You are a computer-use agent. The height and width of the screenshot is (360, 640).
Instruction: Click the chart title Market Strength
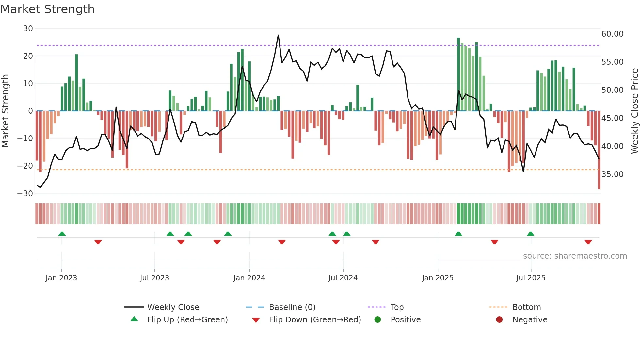point(47,9)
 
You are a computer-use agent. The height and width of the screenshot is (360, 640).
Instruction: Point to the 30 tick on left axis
point(28,29)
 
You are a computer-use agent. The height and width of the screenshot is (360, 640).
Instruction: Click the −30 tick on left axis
point(25,194)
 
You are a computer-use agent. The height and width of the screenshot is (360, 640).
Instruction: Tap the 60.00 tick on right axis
point(612,34)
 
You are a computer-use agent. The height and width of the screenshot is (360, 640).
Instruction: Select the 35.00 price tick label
point(612,174)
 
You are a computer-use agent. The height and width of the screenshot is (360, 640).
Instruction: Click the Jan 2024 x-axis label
point(249,278)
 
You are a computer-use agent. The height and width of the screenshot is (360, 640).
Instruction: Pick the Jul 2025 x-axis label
point(531,278)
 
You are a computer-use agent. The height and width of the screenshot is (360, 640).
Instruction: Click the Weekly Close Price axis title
point(634,111)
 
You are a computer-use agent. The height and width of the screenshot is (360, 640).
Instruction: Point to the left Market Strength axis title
point(5,111)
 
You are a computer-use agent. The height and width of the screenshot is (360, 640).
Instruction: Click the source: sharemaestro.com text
point(575,256)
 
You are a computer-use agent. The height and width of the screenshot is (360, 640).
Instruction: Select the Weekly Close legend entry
point(173,307)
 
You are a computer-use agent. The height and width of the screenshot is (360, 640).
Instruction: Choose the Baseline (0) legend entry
point(292,307)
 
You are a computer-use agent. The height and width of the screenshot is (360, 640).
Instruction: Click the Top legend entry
point(397,307)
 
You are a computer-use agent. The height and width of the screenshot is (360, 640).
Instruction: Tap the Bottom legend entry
point(526,307)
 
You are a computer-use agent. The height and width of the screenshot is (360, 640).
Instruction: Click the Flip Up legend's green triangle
point(134,319)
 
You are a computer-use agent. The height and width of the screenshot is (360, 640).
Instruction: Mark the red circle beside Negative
point(499,319)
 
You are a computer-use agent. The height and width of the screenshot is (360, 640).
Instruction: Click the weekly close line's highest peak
point(278,35)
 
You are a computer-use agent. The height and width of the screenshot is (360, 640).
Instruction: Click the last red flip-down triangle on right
point(588,242)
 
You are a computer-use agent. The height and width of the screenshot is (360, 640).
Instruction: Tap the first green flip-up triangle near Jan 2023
point(62,234)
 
